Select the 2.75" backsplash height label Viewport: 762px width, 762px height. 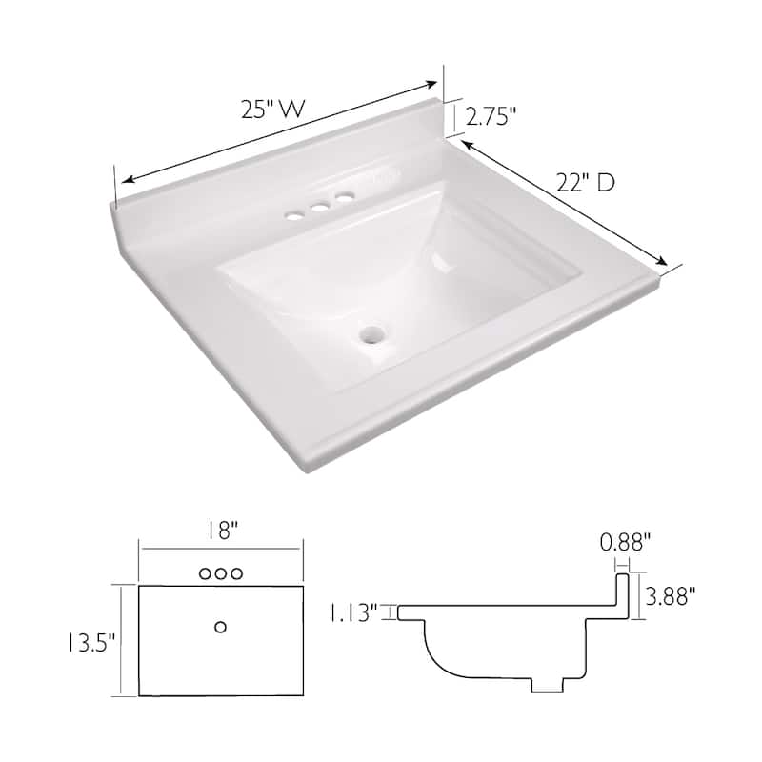pyautogui.click(x=491, y=116)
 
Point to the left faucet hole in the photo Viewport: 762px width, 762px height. pyautogui.click(x=295, y=215)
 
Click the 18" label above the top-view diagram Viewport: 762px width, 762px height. pyautogui.click(x=221, y=531)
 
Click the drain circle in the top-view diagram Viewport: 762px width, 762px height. pyautogui.click(x=221, y=626)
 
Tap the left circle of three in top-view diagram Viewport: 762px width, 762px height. pyautogui.click(x=204, y=573)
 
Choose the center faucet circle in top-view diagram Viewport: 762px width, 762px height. pyautogui.click(x=221, y=573)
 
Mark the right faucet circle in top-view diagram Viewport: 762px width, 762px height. pyautogui.click(x=238, y=573)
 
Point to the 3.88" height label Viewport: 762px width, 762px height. pyautogui.click(x=671, y=596)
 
